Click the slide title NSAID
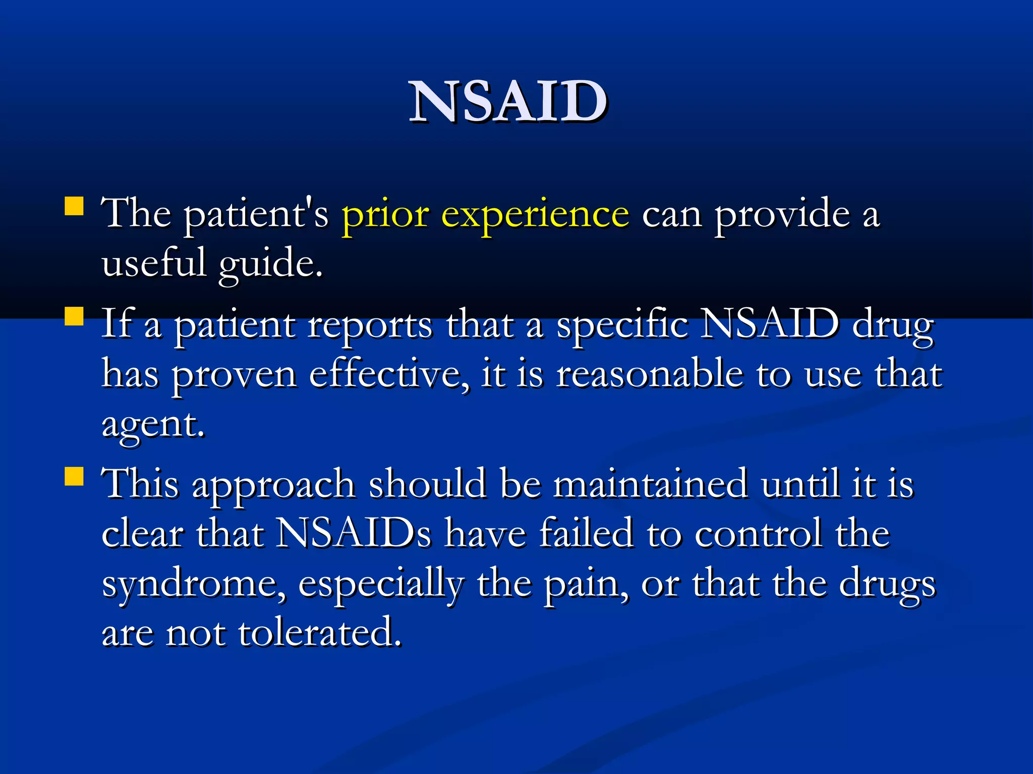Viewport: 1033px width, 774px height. pyautogui.click(x=508, y=102)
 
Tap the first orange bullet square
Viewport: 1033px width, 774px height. pyautogui.click(x=74, y=207)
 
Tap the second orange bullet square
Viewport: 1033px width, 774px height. pyautogui.click(x=74, y=317)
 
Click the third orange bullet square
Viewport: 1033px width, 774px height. pyautogui.click(x=74, y=476)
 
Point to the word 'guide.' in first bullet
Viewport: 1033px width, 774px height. pyautogui.click(x=270, y=264)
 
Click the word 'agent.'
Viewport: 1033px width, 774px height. pyautogui.click(x=153, y=426)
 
